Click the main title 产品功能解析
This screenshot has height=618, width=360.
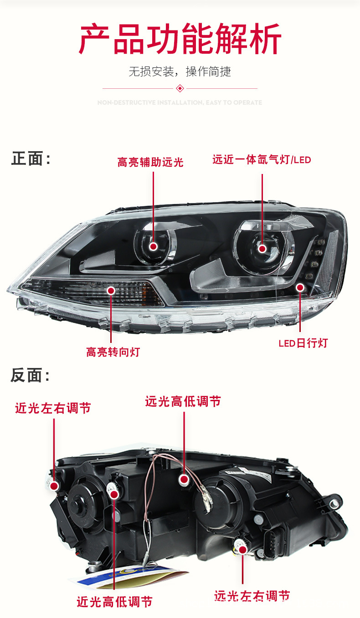pyautogui.click(x=180, y=40)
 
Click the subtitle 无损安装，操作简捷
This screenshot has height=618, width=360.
pyautogui.click(x=180, y=72)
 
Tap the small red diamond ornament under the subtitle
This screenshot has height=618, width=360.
pyautogui.click(x=180, y=88)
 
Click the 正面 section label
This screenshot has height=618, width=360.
pyautogui.click(x=30, y=159)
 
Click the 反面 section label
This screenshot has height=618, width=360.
pyautogui.click(x=30, y=376)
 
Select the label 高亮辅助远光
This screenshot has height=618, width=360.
pyautogui.click(x=150, y=162)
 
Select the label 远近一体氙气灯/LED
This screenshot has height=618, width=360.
pyautogui.click(x=262, y=160)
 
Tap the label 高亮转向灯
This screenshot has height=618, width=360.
pyautogui.click(x=113, y=352)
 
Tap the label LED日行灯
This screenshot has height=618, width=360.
pyautogui.click(x=303, y=343)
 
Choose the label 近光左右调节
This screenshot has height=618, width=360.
pyautogui.click(x=53, y=408)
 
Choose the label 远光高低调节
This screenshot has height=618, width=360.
pyautogui.click(x=183, y=401)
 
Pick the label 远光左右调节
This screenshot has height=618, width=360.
pyautogui.click(x=252, y=595)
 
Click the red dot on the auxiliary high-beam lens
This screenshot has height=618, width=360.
pyautogui.click(x=154, y=246)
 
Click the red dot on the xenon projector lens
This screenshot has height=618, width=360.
pyautogui.click(x=262, y=248)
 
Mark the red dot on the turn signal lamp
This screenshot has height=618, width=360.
pyautogui.click(x=111, y=290)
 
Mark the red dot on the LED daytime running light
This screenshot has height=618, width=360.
pyautogui.click(x=300, y=287)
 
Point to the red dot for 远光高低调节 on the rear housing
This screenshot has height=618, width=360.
pyautogui.click(x=184, y=479)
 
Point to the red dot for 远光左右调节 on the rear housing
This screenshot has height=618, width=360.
pyautogui.click(x=242, y=550)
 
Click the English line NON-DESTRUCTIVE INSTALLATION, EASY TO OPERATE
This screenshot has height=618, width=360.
pyautogui.click(x=180, y=103)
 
